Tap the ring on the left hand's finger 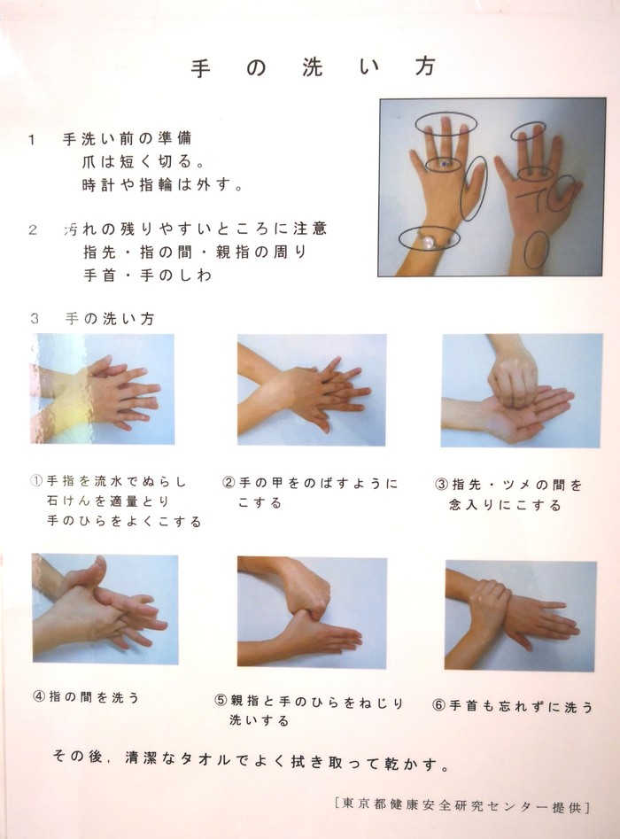[x=443, y=164]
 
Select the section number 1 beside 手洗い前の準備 [x=32, y=140]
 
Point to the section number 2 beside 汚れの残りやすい [x=33, y=230]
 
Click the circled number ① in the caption [x=37, y=480]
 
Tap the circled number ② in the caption [x=229, y=483]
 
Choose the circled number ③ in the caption [x=441, y=485]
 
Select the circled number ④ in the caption [x=39, y=696]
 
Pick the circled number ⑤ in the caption [x=221, y=701]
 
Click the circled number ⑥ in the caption [x=438, y=706]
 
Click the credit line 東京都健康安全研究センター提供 [x=461, y=805]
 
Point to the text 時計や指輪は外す [x=163, y=185]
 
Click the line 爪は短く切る [x=144, y=161]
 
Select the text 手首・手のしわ [x=148, y=275]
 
